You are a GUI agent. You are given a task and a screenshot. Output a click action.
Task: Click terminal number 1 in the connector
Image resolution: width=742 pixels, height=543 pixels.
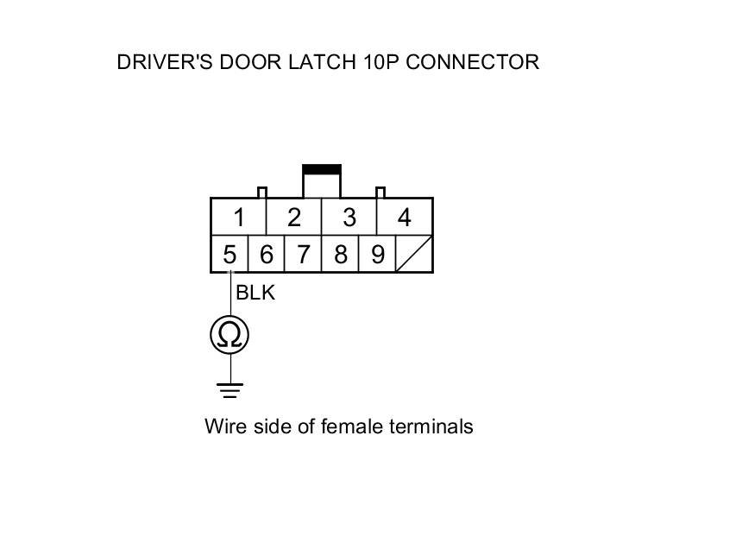239,218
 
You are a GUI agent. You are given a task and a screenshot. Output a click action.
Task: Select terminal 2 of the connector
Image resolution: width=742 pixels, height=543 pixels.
294,218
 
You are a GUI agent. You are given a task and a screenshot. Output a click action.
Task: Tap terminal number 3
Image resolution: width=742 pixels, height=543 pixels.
349,218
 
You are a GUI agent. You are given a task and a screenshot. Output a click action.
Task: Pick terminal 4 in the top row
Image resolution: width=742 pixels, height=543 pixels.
404,218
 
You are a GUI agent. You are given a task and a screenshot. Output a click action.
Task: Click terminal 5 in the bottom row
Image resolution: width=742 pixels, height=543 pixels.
230,255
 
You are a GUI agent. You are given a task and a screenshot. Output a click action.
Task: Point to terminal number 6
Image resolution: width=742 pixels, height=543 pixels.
267,255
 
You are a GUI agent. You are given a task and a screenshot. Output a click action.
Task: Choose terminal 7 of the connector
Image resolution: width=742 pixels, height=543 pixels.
303,255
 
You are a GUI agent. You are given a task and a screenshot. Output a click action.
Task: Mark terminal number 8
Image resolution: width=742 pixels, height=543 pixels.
340,255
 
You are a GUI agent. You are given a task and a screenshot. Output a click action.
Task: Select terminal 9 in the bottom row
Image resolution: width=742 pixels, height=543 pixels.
377,255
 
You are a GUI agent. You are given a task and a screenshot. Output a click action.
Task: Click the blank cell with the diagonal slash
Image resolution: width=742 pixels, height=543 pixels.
413,255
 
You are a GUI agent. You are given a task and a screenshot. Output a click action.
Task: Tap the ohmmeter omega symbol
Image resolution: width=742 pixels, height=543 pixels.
230,334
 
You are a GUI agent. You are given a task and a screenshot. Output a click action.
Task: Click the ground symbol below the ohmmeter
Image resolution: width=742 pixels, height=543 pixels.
230,391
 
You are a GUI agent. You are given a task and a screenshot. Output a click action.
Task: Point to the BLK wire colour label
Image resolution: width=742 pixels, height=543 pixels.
255,294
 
